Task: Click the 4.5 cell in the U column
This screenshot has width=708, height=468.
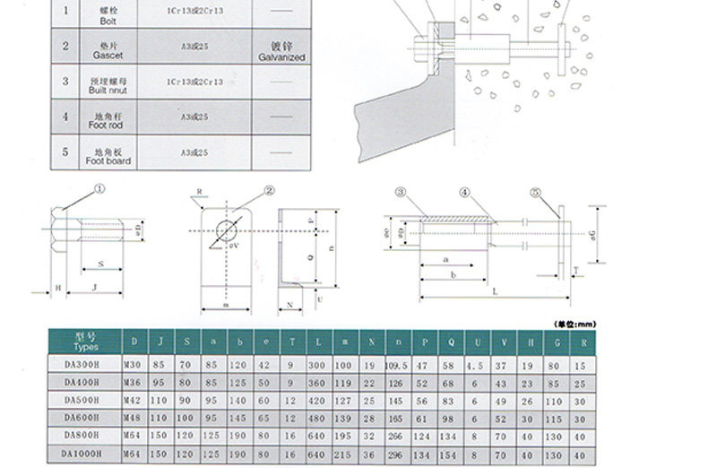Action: (x=476, y=366)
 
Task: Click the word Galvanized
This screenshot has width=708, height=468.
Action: (x=281, y=56)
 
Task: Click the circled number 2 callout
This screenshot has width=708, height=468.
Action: (x=269, y=190)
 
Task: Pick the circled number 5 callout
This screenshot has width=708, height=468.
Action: (x=535, y=192)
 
